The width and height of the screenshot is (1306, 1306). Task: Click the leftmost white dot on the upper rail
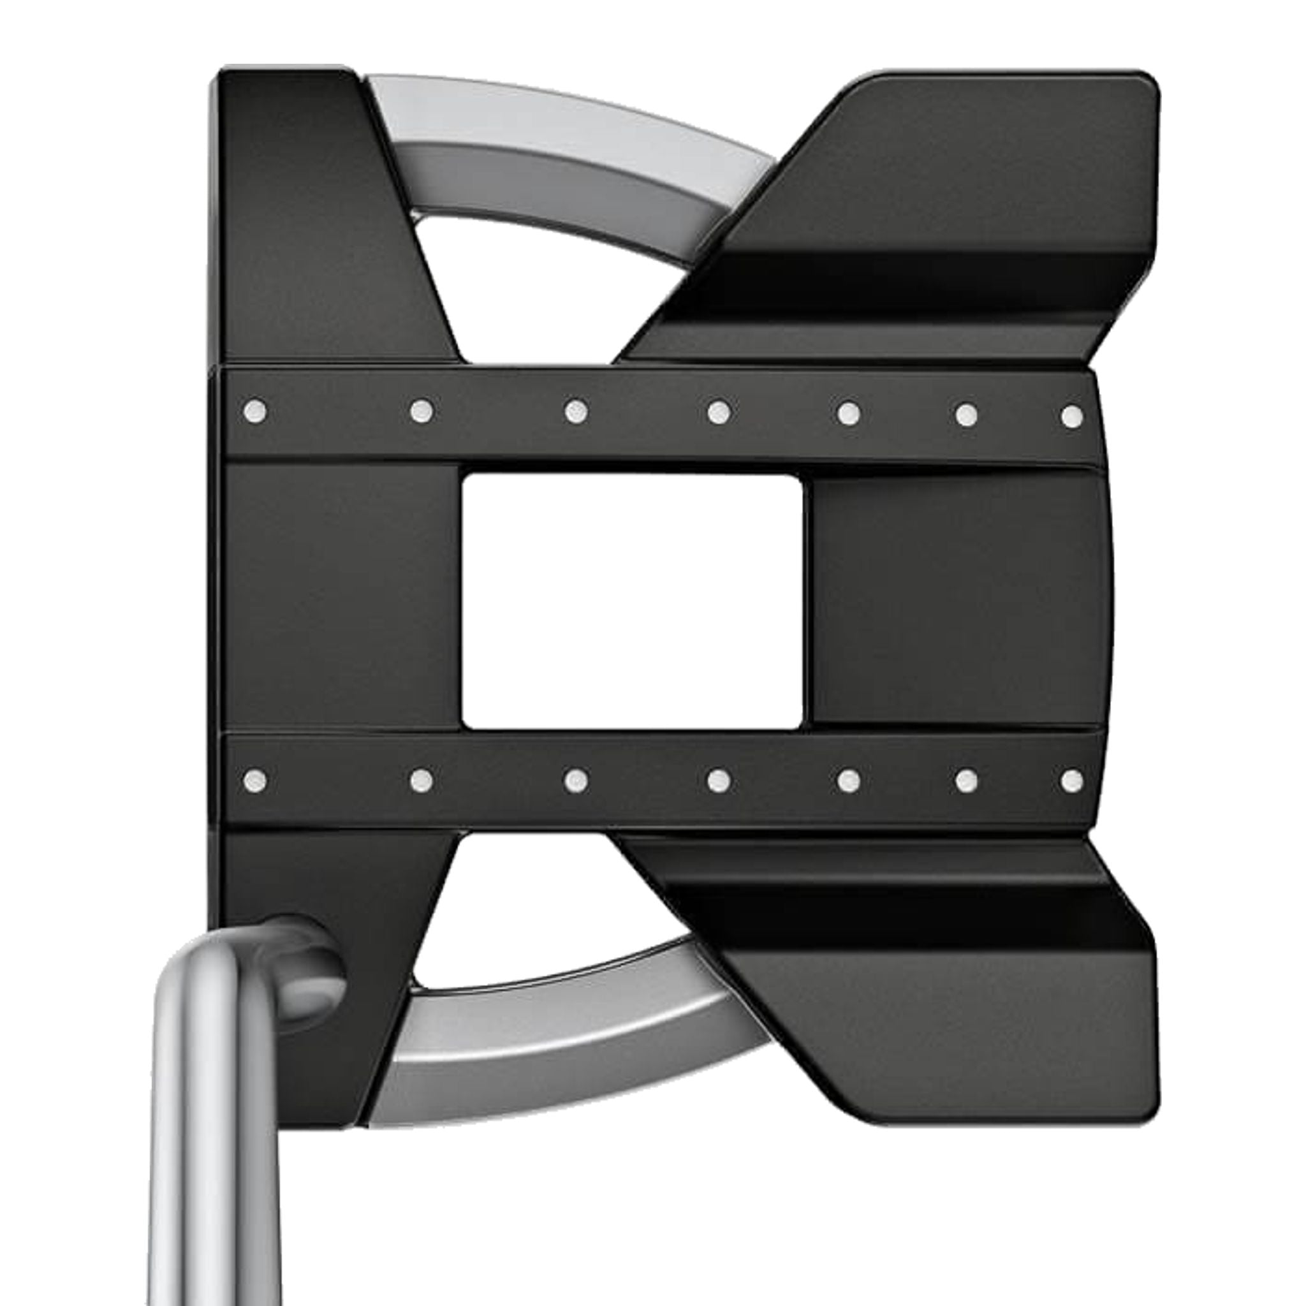[255, 409]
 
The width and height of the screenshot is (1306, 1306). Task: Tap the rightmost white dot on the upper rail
[1071, 416]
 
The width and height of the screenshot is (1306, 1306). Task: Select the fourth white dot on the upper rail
[718, 411]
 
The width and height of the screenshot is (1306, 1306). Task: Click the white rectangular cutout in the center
[632, 601]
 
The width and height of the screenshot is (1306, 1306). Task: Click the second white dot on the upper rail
[421, 409]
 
